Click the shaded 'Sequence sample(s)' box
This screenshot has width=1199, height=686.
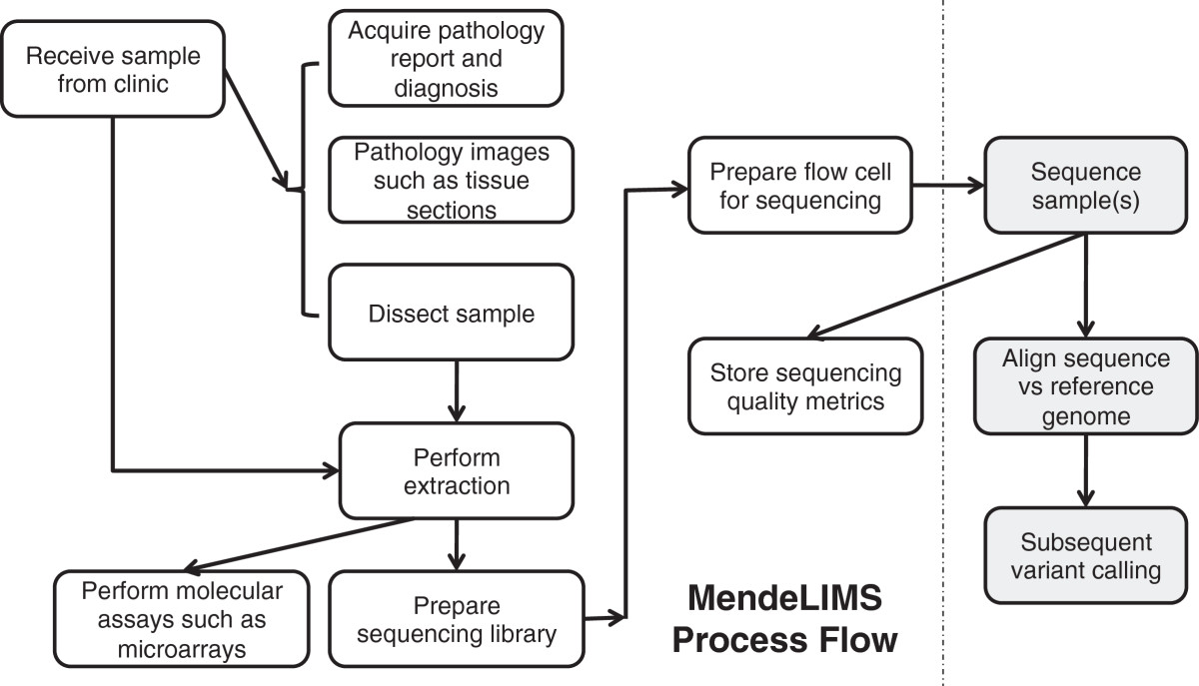(x=1084, y=187)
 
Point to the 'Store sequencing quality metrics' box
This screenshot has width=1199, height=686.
(x=805, y=386)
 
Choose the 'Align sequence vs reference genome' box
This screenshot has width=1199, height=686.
(x=1084, y=386)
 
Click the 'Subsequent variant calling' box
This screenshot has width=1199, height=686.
(x=1084, y=557)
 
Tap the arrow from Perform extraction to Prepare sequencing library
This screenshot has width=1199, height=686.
(x=457, y=543)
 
